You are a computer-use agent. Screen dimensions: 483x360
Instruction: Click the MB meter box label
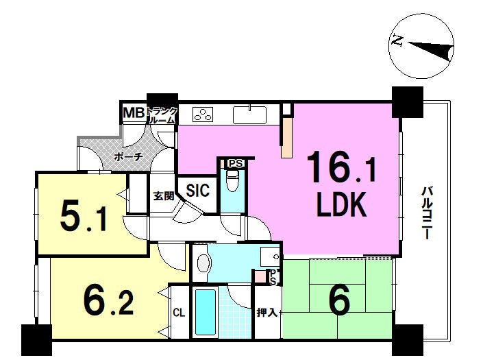(134, 113)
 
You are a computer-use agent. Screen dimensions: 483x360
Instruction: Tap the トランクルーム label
(162, 115)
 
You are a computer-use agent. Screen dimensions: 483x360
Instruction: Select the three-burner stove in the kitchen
(203, 114)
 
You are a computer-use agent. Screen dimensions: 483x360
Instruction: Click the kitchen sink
(250, 115)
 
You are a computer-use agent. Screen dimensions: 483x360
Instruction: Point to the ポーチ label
(128, 157)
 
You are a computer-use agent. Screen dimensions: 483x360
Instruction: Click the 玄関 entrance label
(164, 195)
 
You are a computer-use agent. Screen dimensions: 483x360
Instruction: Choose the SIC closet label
(198, 190)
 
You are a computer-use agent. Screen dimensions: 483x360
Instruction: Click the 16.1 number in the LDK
(341, 168)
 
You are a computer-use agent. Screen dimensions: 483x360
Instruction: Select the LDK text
(342, 204)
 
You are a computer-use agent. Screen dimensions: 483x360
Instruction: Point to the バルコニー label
(426, 213)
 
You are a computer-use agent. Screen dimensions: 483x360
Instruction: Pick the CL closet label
(179, 313)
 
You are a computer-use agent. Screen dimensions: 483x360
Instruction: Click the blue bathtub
(205, 312)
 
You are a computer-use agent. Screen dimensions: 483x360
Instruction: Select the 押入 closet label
(267, 313)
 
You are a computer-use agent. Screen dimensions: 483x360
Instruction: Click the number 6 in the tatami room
(339, 299)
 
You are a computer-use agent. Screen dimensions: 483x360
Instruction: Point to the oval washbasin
(203, 263)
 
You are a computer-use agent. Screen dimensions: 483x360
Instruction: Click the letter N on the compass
(397, 40)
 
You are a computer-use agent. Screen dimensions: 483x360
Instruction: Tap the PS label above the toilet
(236, 163)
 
